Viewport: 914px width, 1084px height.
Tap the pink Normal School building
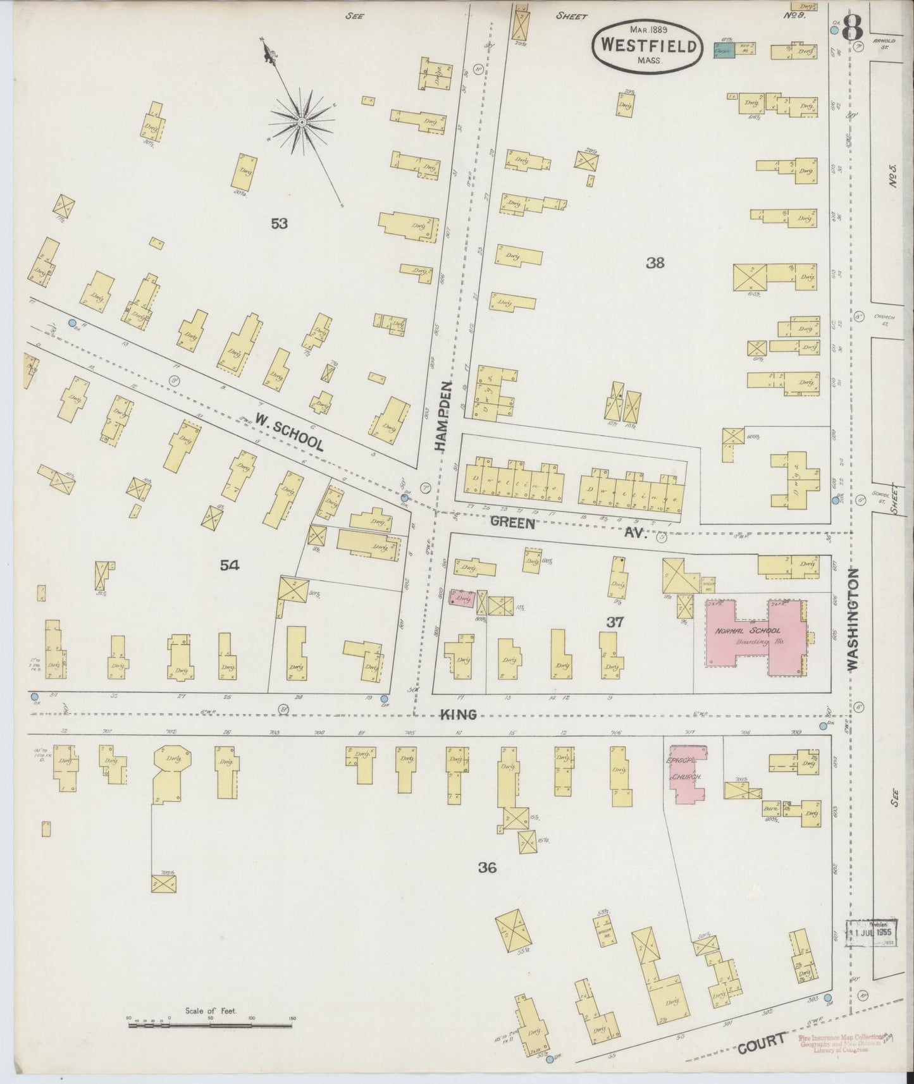coord(755,636)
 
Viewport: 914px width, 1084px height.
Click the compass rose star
coord(302,120)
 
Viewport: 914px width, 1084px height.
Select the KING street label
coord(459,714)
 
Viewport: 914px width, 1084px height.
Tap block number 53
coord(279,223)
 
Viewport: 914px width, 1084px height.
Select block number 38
coord(655,263)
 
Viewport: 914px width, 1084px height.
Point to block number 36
coord(487,868)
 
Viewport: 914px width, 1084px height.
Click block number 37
coord(615,622)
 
